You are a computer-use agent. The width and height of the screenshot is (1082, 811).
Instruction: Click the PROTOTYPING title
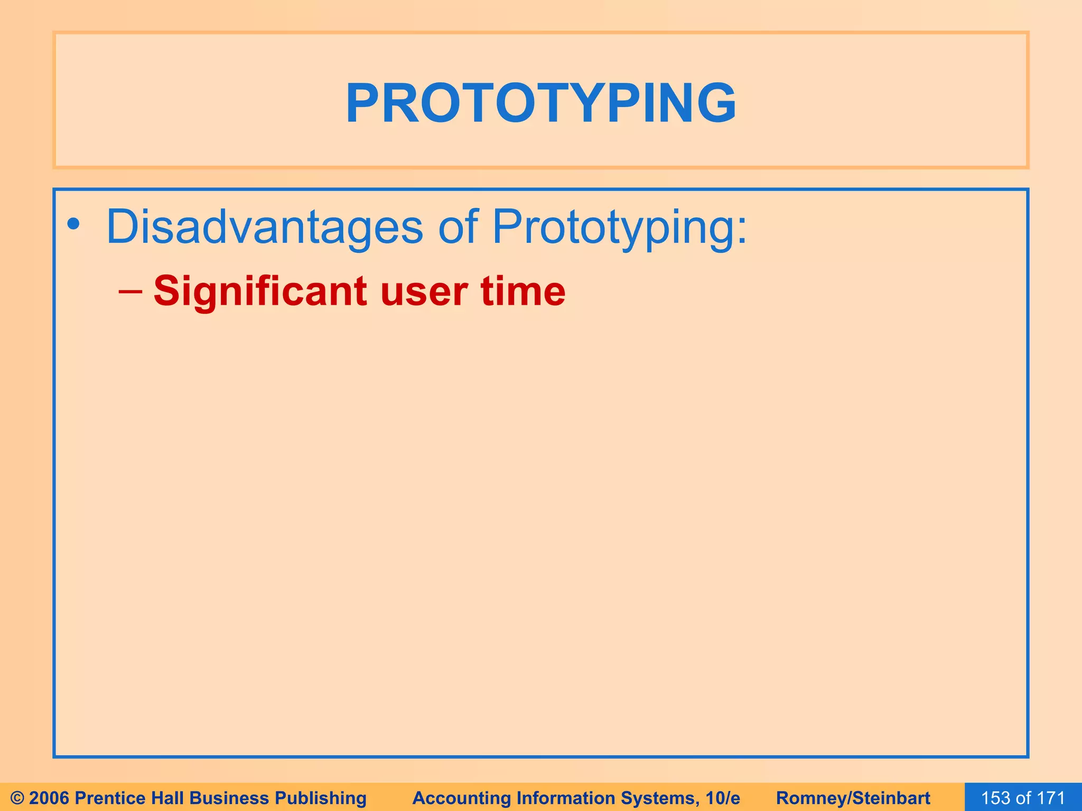(541, 103)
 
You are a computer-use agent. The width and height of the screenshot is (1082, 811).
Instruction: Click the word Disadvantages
(264, 227)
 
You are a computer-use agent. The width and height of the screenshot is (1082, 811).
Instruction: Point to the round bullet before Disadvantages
(73, 226)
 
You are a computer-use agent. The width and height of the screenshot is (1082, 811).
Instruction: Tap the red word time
(523, 291)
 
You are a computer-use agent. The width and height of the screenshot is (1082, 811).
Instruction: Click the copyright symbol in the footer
(17, 798)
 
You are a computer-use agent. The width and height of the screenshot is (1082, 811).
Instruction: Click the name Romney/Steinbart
(853, 798)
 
